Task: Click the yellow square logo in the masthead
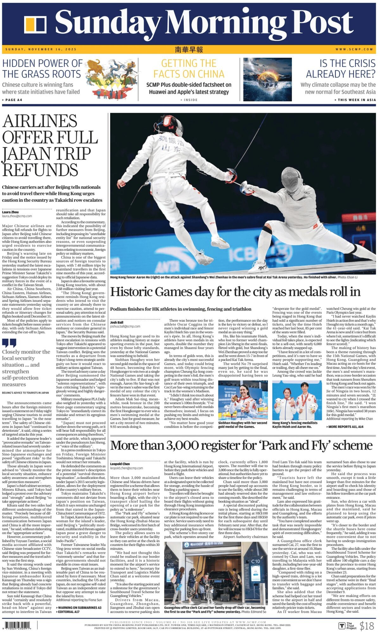35,25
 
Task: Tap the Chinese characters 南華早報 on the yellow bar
189,49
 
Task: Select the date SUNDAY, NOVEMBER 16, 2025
41,49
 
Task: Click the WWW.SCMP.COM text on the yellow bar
354,49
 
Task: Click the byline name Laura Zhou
10,212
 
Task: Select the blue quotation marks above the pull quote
9,343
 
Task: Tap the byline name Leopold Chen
120,464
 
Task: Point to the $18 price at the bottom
367,626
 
